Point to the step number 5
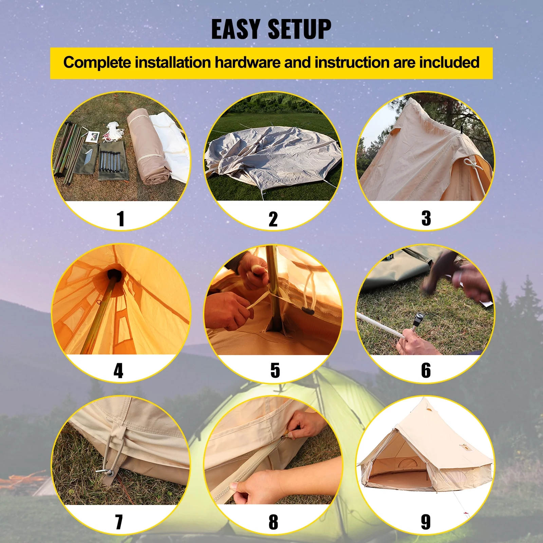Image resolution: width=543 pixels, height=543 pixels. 275,370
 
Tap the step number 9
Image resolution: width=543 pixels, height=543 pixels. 426,522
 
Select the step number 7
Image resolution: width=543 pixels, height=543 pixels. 119,522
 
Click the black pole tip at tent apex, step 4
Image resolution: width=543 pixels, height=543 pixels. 114,274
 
